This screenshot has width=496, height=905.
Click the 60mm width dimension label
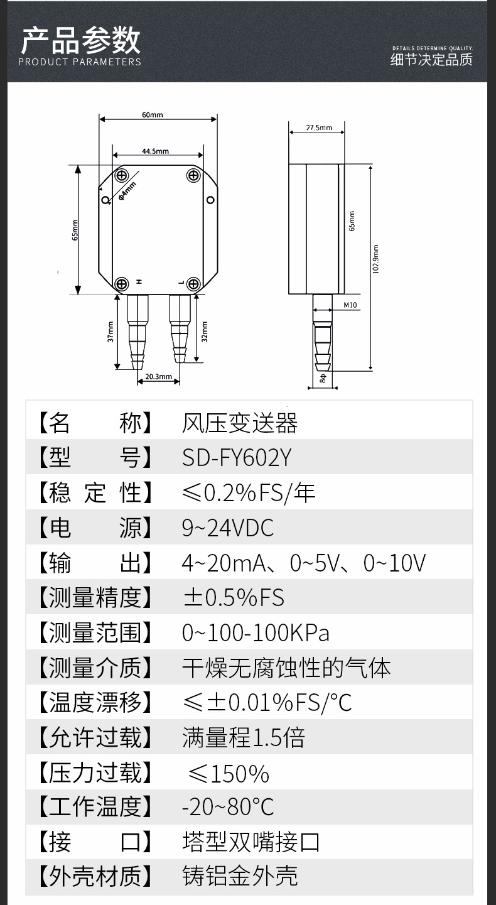pos(153,115)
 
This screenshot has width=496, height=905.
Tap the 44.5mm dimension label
pos(156,151)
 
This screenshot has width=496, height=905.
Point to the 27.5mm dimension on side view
pos(319,127)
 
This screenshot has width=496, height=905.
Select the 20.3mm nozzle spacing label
pos(159,377)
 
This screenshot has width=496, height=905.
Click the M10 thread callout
pos(350,305)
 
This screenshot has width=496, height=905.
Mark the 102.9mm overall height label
pos(375,259)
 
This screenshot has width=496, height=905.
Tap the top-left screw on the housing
pos(122,176)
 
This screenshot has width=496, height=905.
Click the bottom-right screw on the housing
pos(193,284)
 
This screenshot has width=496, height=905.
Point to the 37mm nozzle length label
pos(111,332)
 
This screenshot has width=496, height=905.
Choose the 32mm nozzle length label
pos(205,332)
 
